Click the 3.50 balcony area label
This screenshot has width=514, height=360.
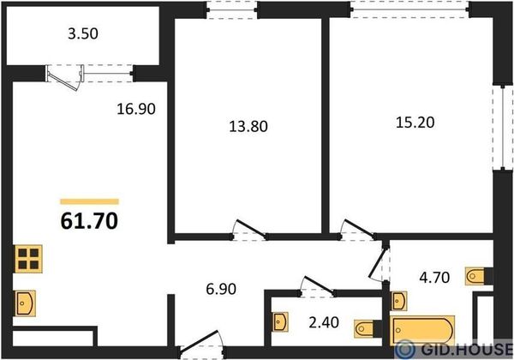coord(83,33)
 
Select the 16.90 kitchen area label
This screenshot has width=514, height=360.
coord(136,109)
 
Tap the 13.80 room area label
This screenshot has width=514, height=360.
coord(248,126)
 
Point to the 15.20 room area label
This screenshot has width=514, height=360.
coord(415,123)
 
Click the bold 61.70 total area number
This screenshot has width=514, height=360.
coord(89,220)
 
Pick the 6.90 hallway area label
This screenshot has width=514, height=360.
coord(221,289)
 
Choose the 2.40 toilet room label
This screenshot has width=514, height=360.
coord(324,322)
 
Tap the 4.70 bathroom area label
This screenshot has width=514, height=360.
coord(434,278)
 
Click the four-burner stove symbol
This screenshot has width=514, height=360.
coord(28,259)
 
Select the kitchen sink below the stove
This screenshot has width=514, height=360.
coord(25,303)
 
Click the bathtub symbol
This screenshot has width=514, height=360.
coord(422,331)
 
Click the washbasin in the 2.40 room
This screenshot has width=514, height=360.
coord(281,322)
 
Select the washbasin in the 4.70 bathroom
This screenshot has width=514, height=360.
coord(398,301)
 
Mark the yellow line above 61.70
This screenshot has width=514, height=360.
coord(89,201)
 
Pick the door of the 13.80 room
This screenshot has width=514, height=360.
coord(249,230)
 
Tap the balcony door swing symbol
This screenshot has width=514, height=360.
coord(65,78)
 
